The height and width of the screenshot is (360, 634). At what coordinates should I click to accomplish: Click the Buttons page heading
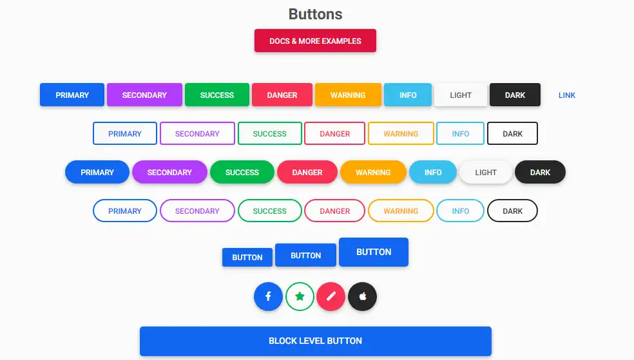[315, 14]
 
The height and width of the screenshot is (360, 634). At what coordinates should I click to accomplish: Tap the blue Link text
[567, 95]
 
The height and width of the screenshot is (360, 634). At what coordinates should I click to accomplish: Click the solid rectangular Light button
[461, 95]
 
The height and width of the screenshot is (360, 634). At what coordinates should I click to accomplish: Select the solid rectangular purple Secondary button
[144, 95]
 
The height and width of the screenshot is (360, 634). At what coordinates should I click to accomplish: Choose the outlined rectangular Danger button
[334, 134]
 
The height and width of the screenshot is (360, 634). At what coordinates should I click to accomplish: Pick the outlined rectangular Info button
[460, 134]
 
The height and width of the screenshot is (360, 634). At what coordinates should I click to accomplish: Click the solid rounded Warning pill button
[373, 173]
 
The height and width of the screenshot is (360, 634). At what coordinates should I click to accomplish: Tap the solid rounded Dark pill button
[540, 173]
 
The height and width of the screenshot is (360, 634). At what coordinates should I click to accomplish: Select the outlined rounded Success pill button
[269, 211]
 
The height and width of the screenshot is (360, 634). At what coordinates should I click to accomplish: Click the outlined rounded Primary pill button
[124, 211]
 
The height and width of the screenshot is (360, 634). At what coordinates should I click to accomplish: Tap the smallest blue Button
[247, 258]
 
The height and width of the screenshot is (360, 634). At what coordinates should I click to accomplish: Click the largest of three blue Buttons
[374, 252]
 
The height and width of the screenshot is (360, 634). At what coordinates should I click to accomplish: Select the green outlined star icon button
[300, 297]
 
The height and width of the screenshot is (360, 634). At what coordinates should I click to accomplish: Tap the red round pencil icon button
[331, 297]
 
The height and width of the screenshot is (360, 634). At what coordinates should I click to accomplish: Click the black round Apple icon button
[362, 297]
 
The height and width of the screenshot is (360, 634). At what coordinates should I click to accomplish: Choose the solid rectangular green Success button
[216, 95]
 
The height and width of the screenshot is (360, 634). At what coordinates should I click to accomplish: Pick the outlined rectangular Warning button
[401, 134]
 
